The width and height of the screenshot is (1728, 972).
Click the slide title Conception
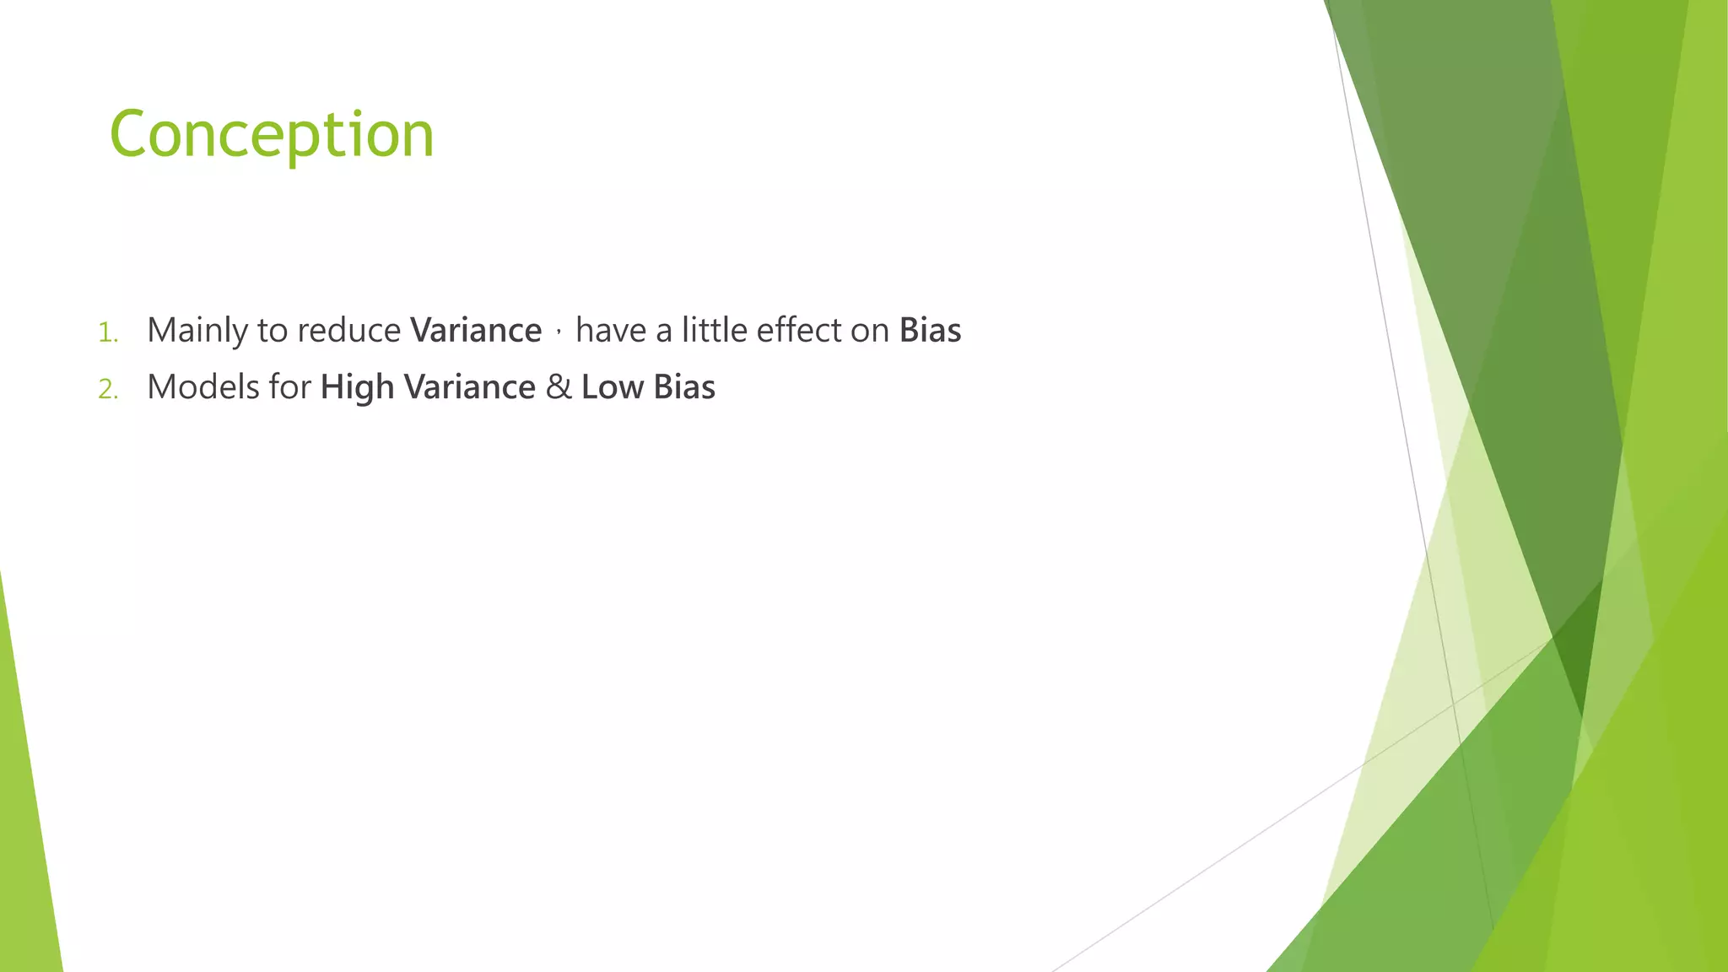(271, 135)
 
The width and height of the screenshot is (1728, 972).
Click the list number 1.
(107, 332)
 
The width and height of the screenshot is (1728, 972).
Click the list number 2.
(108, 389)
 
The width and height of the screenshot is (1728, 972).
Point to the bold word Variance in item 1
(476, 331)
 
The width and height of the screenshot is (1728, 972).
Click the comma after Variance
(559, 332)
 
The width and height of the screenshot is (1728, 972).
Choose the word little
(715, 330)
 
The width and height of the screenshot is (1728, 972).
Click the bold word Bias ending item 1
(930, 330)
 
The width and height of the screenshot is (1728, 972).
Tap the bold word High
(357, 388)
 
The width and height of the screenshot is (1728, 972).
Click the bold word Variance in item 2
(470, 387)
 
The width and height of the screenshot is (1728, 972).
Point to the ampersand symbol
(559, 387)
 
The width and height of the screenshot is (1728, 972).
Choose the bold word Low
(613, 387)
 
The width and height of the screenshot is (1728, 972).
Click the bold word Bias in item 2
(684, 387)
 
